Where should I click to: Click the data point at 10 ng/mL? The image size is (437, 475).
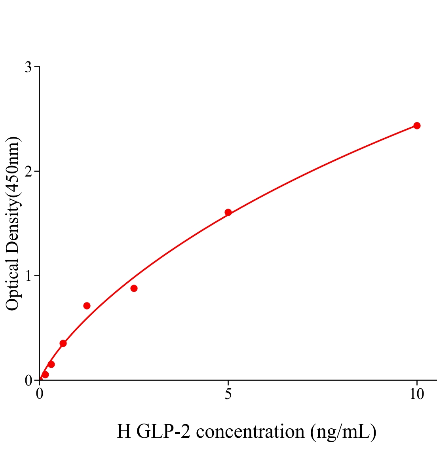click(417, 125)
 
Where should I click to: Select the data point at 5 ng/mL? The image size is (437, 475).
click(228, 212)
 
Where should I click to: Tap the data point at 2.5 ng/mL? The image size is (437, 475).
click(134, 288)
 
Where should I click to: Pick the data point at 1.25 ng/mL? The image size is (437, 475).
click(87, 306)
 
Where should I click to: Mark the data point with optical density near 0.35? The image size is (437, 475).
click(63, 343)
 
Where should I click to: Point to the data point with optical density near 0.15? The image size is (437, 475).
click(51, 364)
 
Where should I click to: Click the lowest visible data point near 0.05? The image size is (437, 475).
click(45, 374)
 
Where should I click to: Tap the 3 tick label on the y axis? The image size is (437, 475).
click(28, 67)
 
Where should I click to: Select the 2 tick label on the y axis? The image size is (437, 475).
click(28, 171)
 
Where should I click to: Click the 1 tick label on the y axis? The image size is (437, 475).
click(28, 276)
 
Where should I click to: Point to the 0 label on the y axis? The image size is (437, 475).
click(28, 380)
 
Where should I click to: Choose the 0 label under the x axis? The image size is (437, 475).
click(40, 394)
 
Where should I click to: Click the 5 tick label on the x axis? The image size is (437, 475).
click(228, 394)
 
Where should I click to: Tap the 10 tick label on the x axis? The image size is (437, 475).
click(416, 394)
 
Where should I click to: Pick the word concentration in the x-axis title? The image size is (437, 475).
click(250, 431)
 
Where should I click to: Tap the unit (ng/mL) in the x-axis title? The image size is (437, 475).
click(343, 431)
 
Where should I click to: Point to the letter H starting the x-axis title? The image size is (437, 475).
click(124, 431)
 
